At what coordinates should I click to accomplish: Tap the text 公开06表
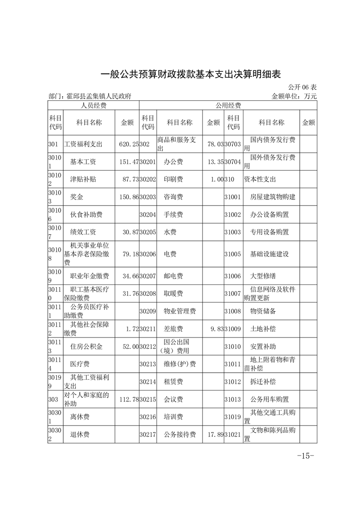pyautogui.click(x=302, y=87)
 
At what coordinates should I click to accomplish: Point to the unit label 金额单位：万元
pyautogui.click(x=294, y=96)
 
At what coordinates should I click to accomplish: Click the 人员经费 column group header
pyautogui.click(x=93, y=106)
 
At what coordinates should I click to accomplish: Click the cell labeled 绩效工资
pyautogui.click(x=83, y=232)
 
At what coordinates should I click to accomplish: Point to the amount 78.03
pyautogui.click(x=214, y=144)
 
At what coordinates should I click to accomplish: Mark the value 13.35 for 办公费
pyautogui.click(x=214, y=162)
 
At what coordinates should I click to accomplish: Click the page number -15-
pyautogui.click(x=305, y=455)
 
